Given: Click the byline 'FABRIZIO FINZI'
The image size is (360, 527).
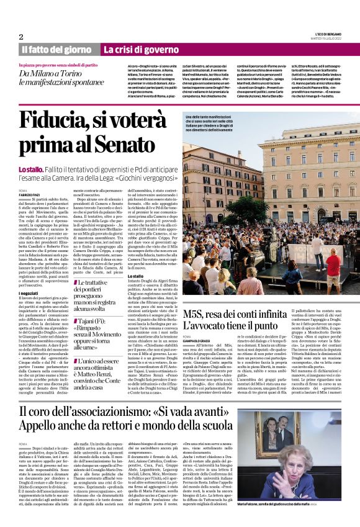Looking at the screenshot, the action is pyautogui.click(x=30, y=196).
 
